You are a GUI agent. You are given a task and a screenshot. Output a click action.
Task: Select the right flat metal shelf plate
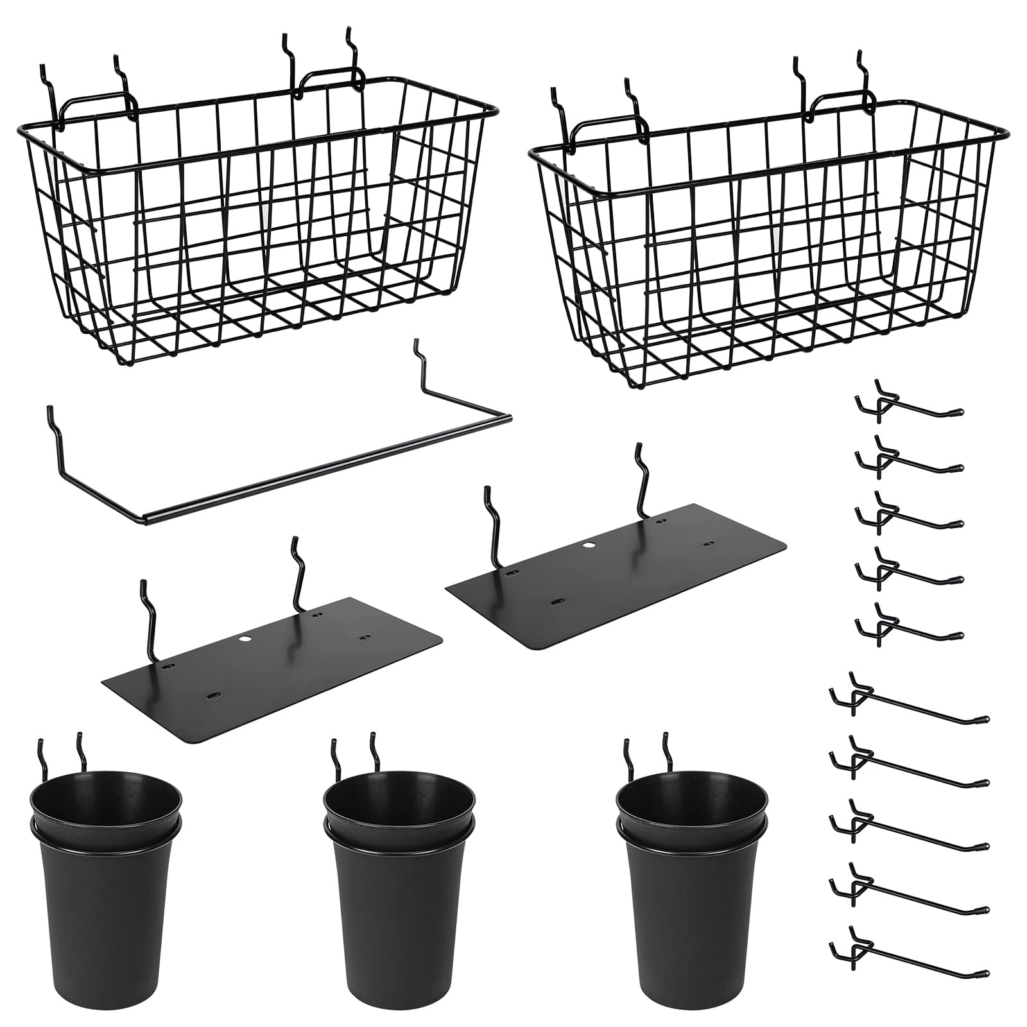point(616,578)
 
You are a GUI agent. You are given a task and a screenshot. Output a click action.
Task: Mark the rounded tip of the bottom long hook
point(985,972)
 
